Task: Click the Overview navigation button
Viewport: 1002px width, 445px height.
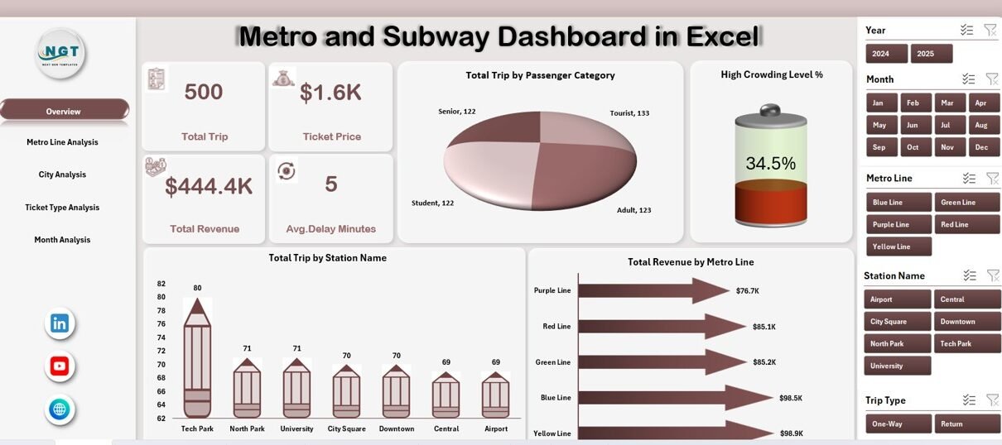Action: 64,111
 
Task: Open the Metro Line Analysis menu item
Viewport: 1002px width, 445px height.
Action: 62,142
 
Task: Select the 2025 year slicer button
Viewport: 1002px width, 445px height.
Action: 931,54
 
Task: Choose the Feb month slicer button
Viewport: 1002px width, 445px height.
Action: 913,103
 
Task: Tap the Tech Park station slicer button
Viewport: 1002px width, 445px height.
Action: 967,343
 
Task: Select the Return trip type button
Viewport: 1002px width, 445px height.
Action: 967,423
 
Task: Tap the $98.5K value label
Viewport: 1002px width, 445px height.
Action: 790,398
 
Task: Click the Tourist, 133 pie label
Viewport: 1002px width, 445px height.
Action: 629,113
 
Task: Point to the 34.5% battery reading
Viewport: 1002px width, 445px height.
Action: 770,164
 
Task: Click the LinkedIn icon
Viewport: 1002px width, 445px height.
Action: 60,323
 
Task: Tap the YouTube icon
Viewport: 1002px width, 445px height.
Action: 60,366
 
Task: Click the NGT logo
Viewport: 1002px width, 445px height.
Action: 60,54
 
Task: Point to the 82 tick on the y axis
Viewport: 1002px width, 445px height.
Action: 161,284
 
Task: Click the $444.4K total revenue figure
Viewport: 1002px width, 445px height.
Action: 209,187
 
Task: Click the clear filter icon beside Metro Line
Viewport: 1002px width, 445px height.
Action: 990,178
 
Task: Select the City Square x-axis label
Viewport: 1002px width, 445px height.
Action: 346,429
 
